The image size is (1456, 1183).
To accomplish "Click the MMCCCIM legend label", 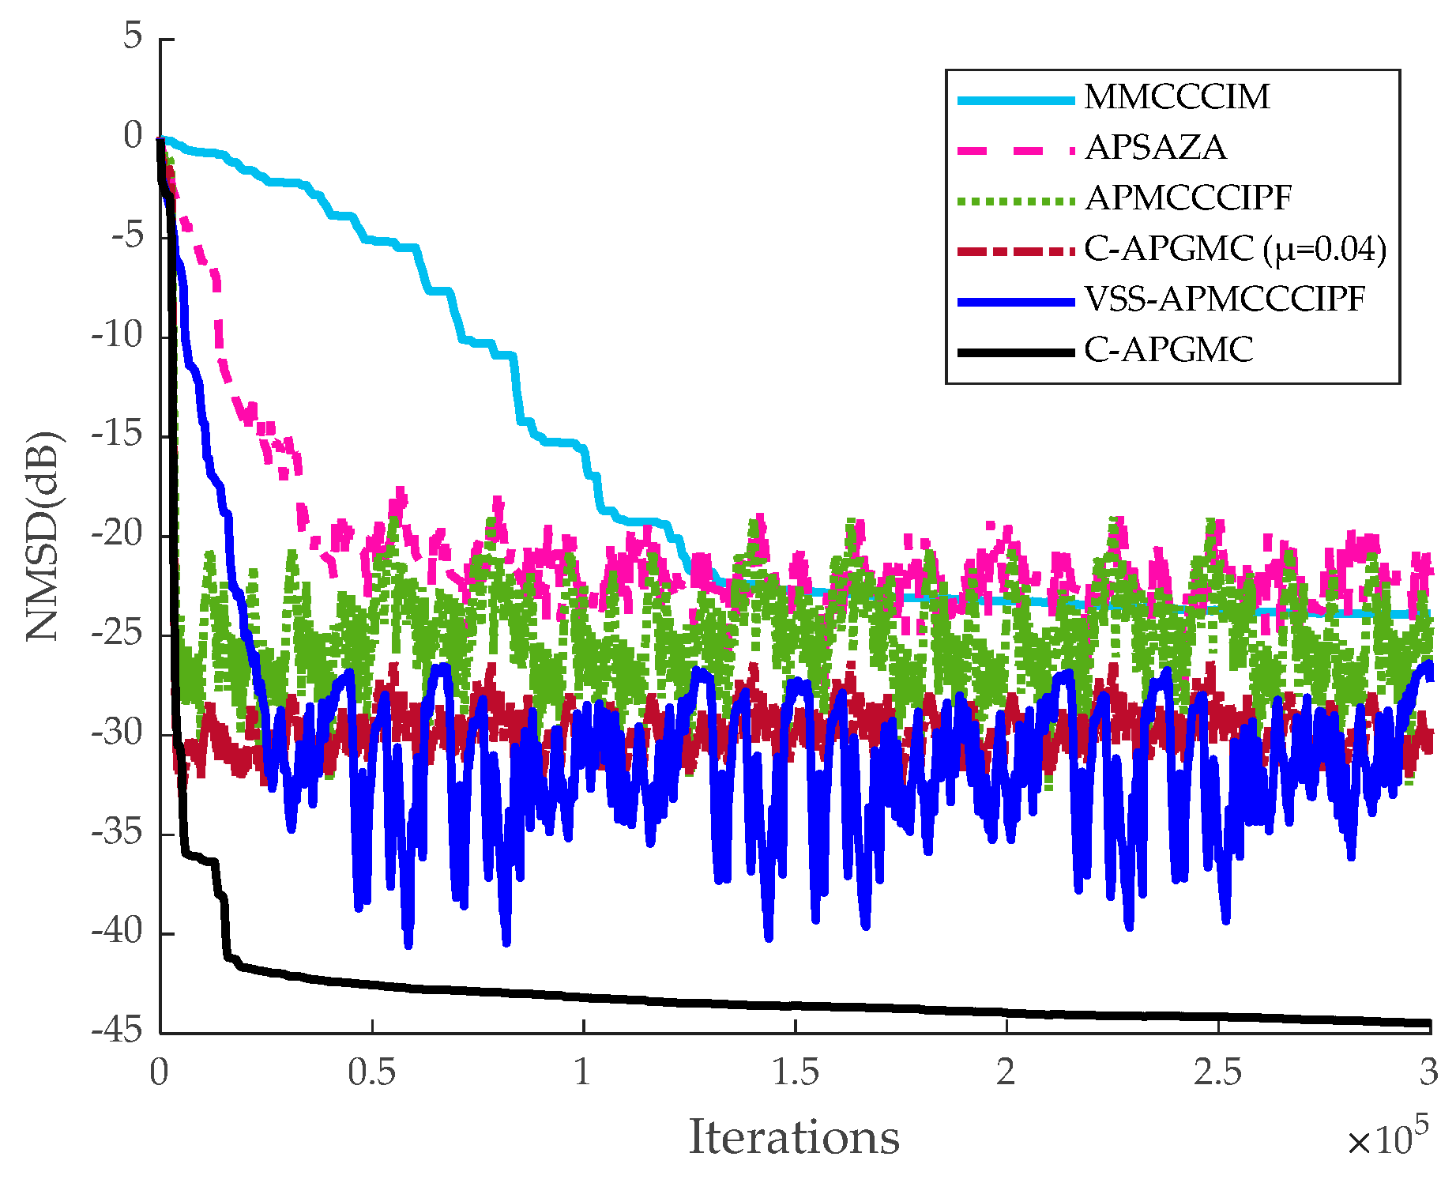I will point(1176,97).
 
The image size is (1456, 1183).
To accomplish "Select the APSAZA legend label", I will point(1155,148).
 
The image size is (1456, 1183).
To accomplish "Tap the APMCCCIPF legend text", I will point(1187,198).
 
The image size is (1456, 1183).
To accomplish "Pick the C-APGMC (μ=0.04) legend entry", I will point(1235,249).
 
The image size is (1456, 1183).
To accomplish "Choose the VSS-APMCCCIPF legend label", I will point(1225,300).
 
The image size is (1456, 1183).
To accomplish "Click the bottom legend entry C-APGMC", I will point(1168,350).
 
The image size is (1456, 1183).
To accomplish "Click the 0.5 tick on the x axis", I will point(371,1073).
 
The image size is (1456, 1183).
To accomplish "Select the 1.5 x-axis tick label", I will point(795,1073).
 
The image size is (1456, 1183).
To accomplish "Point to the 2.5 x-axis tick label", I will point(1217,1073).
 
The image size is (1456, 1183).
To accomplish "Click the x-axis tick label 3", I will point(1428,1073).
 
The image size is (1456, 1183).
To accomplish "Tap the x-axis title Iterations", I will point(794,1138).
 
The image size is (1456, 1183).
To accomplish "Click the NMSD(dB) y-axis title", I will point(44,536).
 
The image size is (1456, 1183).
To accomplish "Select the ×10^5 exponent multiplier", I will point(1386,1138).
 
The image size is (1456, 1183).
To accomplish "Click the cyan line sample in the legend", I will point(1016,100).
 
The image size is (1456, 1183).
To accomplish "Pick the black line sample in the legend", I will point(1016,352).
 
